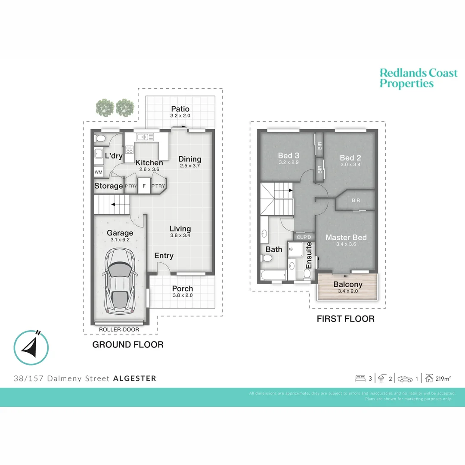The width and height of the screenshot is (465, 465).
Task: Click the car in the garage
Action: (x=121, y=282)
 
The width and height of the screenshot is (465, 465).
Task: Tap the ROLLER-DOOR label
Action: (x=119, y=329)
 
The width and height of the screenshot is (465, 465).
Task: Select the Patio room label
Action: (x=180, y=109)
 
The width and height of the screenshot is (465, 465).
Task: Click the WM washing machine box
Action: (x=99, y=172)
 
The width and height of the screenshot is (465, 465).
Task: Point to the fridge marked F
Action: (x=144, y=186)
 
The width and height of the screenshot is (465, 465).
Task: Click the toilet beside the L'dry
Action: (x=99, y=138)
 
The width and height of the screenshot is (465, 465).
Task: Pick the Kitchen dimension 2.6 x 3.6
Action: (x=149, y=169)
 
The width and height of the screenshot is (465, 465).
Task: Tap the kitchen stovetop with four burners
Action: (x=129, y=149)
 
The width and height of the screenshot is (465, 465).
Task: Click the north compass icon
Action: (x=31, y=347)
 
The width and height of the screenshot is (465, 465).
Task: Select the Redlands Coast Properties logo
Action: (x=418, y=78)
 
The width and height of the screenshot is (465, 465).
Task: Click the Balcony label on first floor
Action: (x=348, y=284)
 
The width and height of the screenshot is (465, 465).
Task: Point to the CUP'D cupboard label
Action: (x=304, y=237)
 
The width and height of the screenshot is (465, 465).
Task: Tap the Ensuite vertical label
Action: (x=309, y=255)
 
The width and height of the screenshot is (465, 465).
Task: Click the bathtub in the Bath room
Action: (x=273, y=275)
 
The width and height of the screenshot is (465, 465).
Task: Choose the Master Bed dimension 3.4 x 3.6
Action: (x=346, y=244)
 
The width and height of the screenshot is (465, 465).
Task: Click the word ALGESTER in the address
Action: (x=135, y=378)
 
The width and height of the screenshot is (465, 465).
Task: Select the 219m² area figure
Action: (x=443, y=378)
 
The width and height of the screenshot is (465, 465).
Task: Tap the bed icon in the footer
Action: (x=360, y=378)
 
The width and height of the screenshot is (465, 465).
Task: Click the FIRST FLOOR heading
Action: (x=345, y=319)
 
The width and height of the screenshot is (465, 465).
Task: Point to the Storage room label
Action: (x=108, y=186)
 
